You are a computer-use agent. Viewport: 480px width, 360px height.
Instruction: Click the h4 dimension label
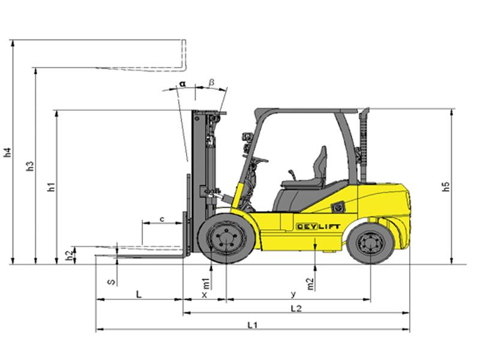click(x=8, y=152)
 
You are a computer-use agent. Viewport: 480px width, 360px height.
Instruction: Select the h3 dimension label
click(x=30, y=166)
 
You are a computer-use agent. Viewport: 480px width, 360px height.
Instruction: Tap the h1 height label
click(x=51, y=187)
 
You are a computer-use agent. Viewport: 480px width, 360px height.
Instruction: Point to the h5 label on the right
click(x=446, y=187)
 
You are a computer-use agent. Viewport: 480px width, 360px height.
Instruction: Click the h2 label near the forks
click(x=70, y=255)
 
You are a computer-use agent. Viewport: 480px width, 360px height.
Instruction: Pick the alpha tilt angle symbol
click(x=182, y=83)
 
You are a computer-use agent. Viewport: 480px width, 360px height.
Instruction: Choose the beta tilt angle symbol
click(x=212, y=83)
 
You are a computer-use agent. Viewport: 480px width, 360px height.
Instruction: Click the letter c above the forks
click(x=162, y=219)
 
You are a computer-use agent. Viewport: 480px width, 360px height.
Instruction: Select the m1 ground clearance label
click(x=206, y=284)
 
